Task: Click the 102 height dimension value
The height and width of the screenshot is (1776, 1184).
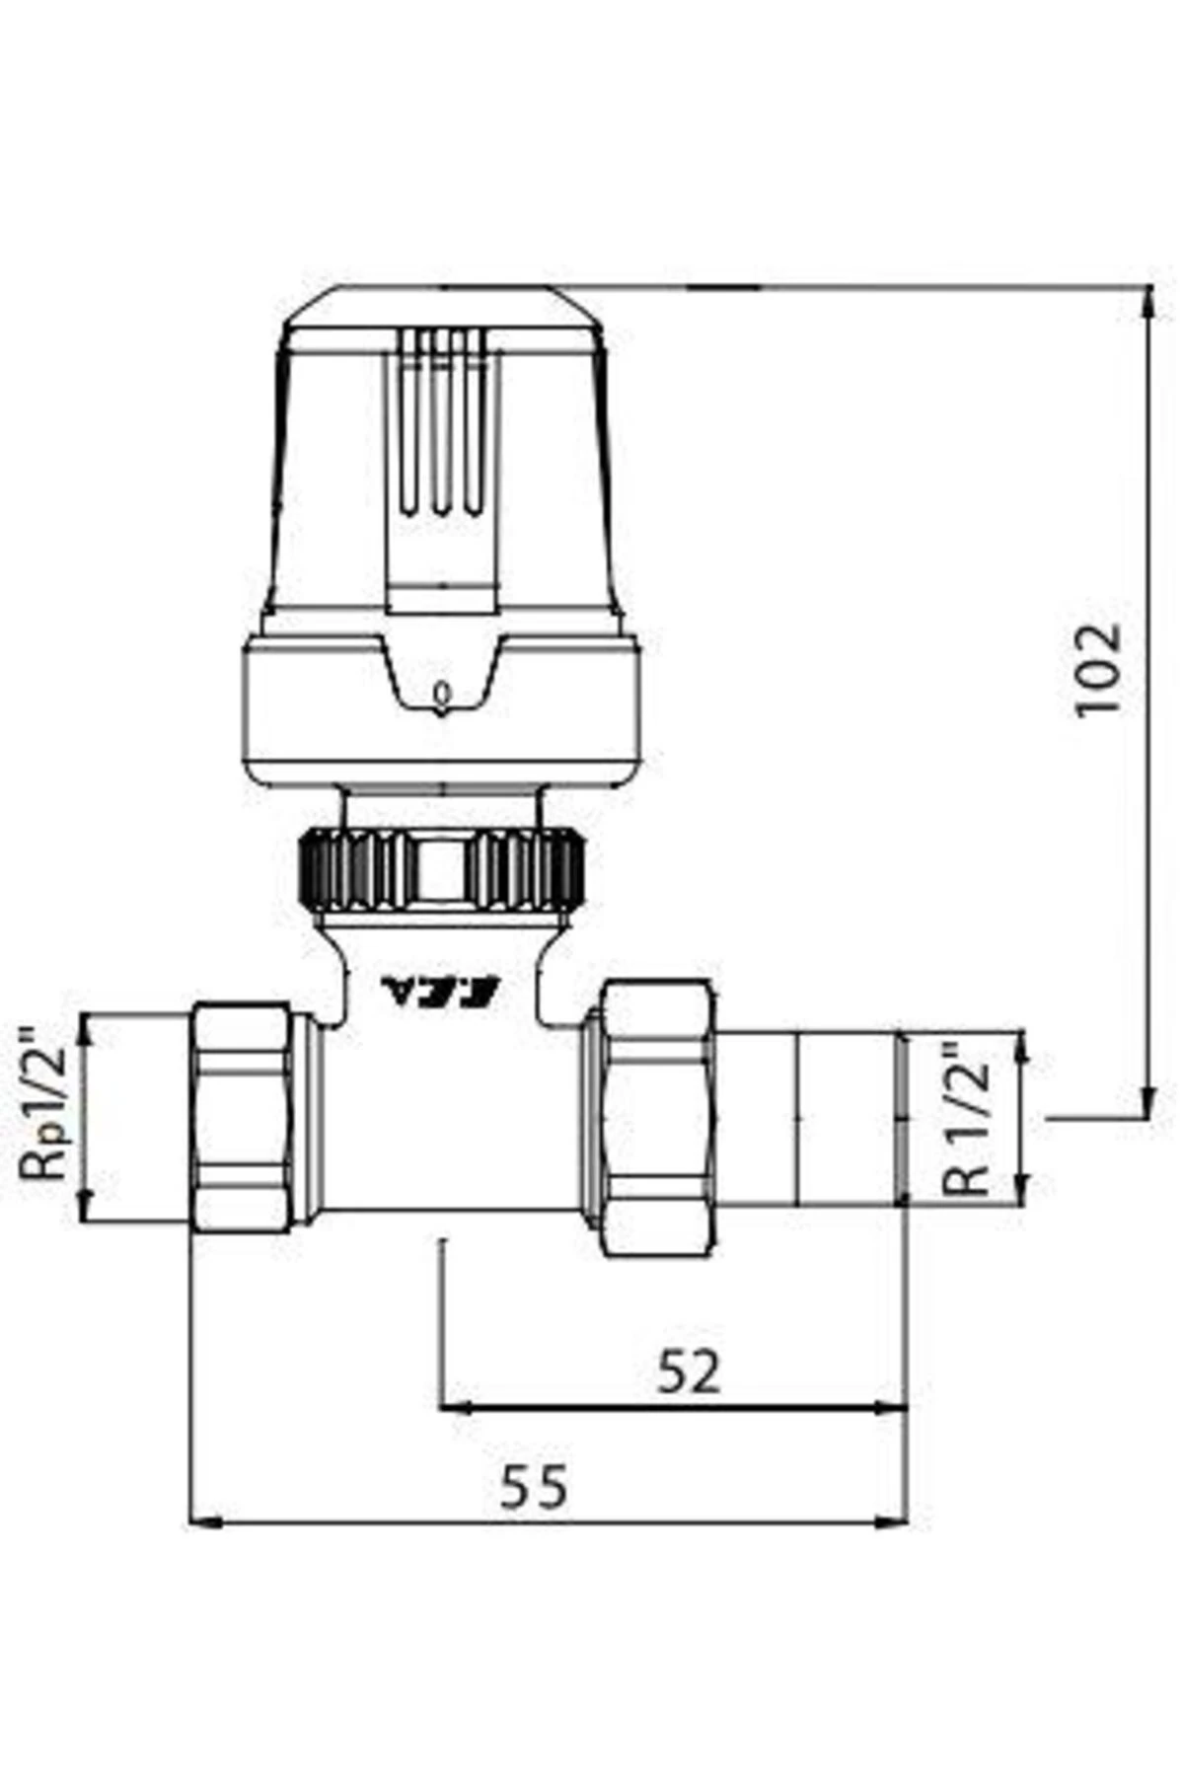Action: coord(1098,668)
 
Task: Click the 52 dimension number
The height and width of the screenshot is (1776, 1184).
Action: coord(689,1370)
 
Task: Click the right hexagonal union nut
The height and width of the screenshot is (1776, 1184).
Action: coord(658,1118)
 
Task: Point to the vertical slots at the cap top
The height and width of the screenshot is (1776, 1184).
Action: coord(441,424)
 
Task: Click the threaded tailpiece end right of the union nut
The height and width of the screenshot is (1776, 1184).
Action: coord(849,1117)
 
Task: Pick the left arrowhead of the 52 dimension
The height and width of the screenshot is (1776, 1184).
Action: coord(455,1408)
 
